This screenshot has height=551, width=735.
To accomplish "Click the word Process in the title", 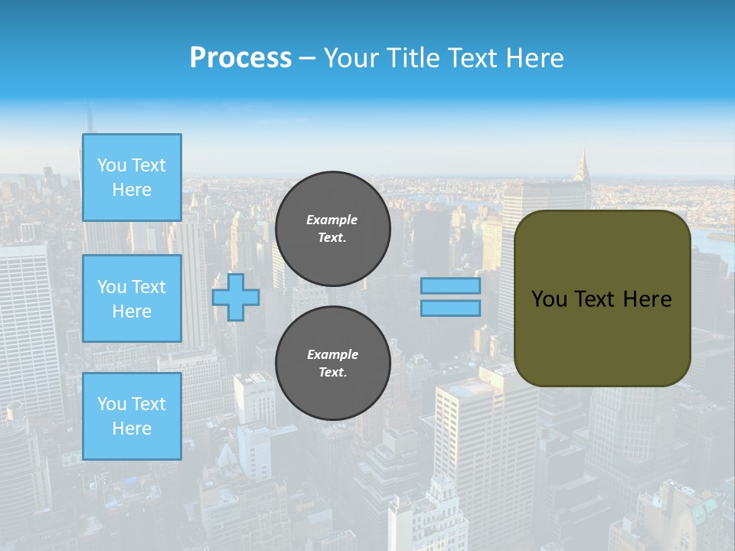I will click(240, 57).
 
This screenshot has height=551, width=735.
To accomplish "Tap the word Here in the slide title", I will click(534, 57).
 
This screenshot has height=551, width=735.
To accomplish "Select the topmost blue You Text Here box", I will click(132, 178).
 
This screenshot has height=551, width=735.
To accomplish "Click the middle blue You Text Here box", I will click(132, 298).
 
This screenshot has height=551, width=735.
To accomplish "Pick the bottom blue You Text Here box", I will click(132, 416).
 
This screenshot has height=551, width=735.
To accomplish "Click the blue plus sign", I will click(236, 297).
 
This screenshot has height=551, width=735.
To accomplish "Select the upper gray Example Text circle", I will click(333, 229).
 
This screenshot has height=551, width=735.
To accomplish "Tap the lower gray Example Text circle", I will click(333, 363).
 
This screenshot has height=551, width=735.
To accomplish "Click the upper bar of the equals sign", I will click(451, 285).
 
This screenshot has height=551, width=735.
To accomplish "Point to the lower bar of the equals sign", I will click(451, 308).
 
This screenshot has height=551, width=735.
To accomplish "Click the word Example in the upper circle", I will click(332, 220).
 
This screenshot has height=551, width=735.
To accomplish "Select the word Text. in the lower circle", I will click(332, 373).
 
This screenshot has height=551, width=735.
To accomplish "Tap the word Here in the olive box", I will click(647, 299).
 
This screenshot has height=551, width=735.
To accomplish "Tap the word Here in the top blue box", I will click(132, 190).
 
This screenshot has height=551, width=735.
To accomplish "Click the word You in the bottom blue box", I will click(112, 404).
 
